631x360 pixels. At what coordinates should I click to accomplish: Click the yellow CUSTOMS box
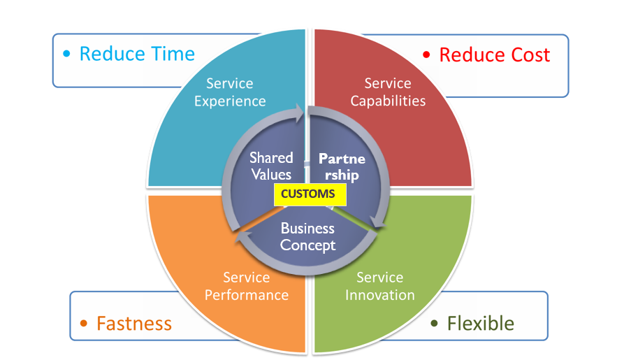click(x=310, y=194)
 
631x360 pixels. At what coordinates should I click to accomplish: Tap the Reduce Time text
click(x=137, y=54)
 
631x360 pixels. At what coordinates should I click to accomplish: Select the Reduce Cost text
click(x=495, y=55)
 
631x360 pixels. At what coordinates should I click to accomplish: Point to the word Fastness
click(x=134, y=324)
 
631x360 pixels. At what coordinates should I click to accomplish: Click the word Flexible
click(x=481, y=324)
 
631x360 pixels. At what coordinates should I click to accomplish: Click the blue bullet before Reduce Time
click(x=67, y=54)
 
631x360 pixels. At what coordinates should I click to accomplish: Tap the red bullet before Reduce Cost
click(x=426, y=55)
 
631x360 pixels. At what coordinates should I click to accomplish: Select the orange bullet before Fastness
click(x=84, y=324)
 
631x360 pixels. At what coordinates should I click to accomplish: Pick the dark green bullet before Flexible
click(x=434, y=323)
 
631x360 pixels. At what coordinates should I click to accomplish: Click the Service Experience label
click(x=230, y=92)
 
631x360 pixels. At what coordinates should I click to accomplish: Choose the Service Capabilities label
click(x=388, y=92)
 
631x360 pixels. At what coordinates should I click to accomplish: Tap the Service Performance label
click(x=246, y=287)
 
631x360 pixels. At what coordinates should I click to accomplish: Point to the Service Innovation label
click(x=380, y=287)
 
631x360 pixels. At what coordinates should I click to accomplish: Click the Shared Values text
click(x=271, y=166)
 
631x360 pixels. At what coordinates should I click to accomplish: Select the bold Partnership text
click(x=342, y=166)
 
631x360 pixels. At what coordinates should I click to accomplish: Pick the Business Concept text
click(x=308, y=237)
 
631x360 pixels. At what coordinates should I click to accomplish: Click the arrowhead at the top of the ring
click(x=298, y=113)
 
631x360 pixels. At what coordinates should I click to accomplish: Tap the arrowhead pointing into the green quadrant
click(x=378, y=222)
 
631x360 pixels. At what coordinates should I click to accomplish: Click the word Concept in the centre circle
click(x=308, y=245)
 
